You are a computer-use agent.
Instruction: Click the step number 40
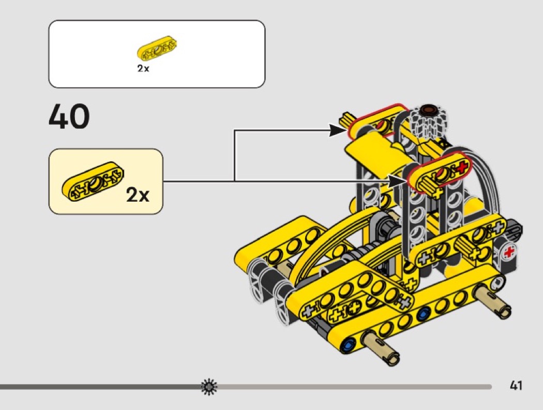click(x=69, y=116)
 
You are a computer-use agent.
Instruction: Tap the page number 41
click(x=516, y=385)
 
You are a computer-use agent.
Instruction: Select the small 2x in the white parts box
click(x=143, y=68)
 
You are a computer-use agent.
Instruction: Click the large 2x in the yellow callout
click(x=138, y=194)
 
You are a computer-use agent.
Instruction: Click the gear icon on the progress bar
click(x=209, y=387)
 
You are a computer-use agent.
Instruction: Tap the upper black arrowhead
click(x=337, y=131)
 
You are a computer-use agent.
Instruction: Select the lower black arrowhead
click(x=398, y=181)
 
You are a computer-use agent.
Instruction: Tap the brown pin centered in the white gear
click(x=429, y=110)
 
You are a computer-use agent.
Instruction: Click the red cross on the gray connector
click(x=508, y=252)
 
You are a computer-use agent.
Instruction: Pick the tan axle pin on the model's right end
click(x=492, y=300)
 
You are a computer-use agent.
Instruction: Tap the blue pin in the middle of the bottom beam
click(x=423, y=314)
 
